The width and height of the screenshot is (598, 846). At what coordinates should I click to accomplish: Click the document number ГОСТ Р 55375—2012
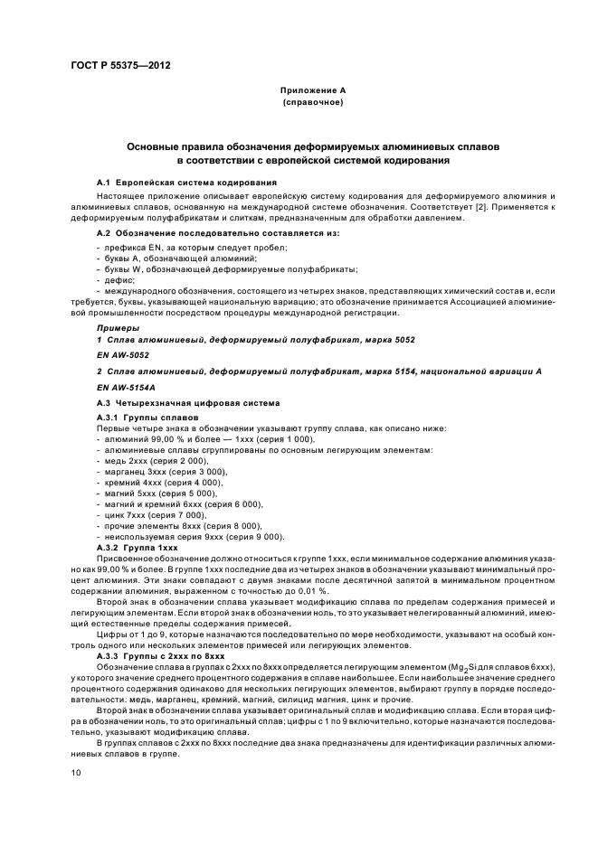click(x=119, y=66)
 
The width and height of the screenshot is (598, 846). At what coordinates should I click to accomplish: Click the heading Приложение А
click(x=312, y=91)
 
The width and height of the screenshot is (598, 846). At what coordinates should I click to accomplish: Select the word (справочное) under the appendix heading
click(x=312, y=103)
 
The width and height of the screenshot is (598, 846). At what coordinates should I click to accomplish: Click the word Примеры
click(x=119, y=326)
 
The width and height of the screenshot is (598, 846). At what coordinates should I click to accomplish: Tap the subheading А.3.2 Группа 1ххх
click(x=138, y=547)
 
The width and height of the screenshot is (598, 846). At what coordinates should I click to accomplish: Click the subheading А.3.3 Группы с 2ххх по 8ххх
click(x=160, y=655)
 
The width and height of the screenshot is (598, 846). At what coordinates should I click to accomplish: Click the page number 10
click(x=76, y=773)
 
